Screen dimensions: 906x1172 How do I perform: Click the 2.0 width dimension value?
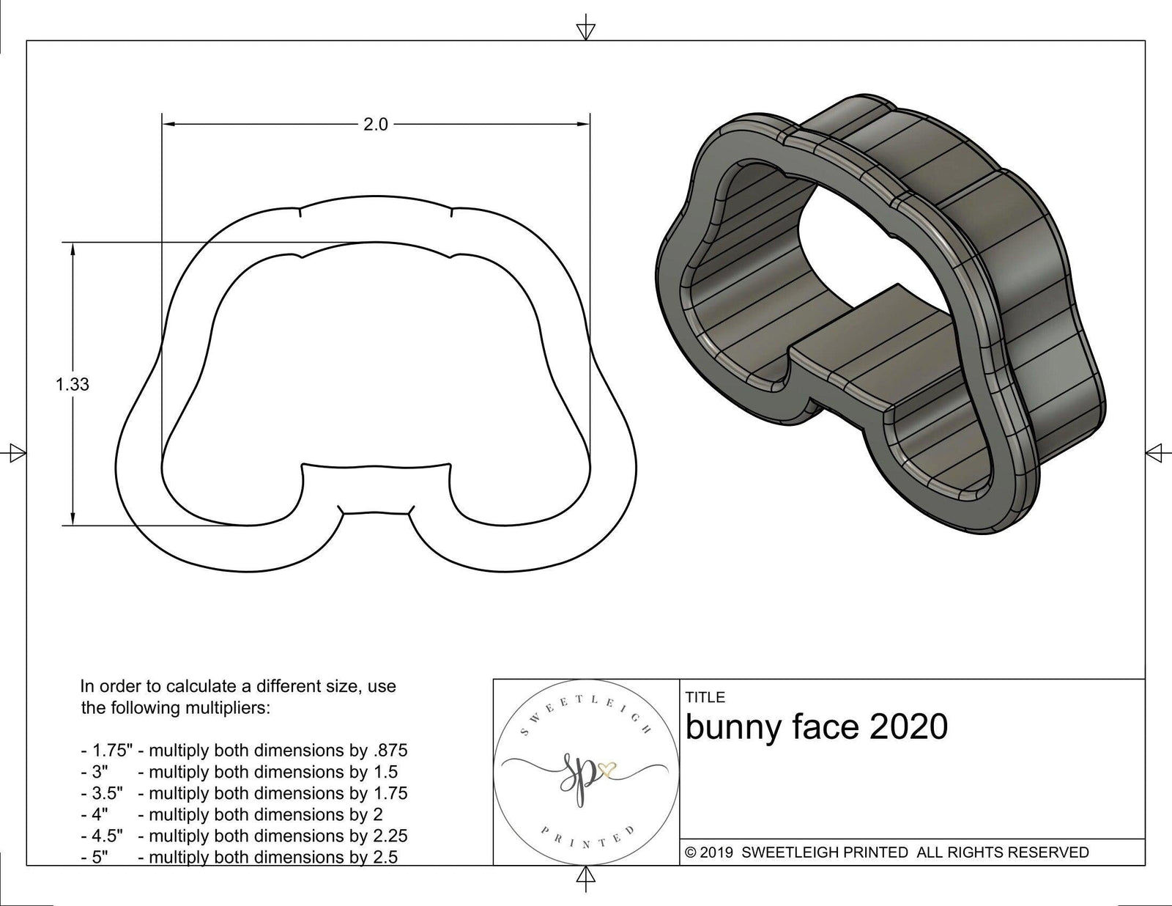375,125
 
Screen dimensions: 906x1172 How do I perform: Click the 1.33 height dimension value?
73,384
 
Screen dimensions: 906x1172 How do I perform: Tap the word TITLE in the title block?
705,697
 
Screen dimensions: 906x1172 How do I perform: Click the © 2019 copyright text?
710,852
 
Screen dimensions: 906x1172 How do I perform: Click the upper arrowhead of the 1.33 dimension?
73,248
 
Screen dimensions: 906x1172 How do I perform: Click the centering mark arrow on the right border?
1154,453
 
